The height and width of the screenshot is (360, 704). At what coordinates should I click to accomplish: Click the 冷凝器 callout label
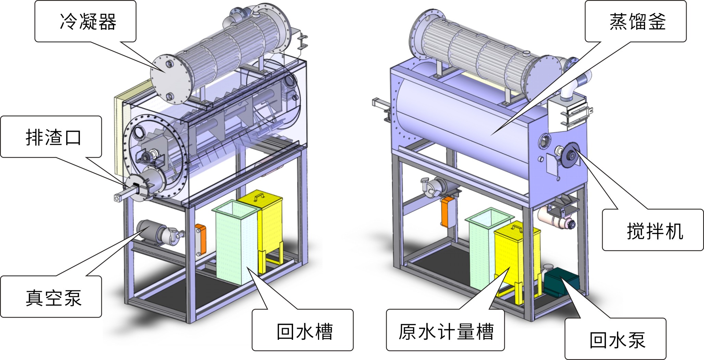85,21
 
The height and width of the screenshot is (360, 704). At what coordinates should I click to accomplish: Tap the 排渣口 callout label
51,137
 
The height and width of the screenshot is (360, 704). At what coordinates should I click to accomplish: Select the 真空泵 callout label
51,297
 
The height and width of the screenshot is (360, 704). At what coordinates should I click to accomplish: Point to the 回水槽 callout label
303,330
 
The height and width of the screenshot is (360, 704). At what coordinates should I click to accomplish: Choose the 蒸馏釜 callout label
635,21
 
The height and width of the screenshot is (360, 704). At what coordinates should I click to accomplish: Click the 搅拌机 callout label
653,230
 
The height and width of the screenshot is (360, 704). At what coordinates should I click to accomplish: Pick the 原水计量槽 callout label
445,330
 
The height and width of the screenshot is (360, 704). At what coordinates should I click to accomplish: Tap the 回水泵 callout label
616,339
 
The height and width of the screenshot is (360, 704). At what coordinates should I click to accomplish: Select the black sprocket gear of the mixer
571,155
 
